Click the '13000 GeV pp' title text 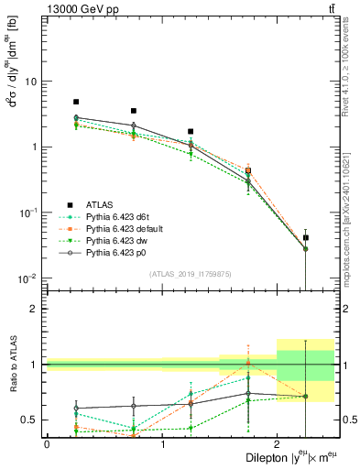pos(78,8)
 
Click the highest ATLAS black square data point pos(76,102)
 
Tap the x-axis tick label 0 pos(47,443)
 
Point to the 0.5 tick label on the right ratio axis pos(349,420)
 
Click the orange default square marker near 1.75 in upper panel pos(248,170)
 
